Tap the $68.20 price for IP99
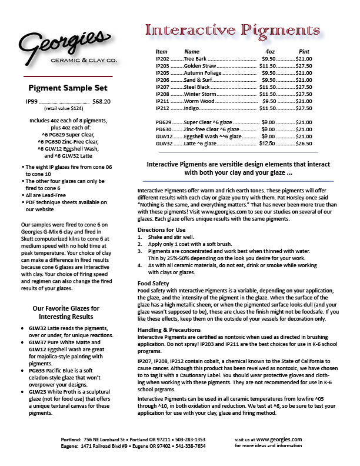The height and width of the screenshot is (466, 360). [x=101, y=101]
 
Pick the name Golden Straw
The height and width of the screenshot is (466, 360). [x=201, y=66]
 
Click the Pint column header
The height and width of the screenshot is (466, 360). [x=304, y=52]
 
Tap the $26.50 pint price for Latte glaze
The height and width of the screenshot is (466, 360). [x=304, y=143]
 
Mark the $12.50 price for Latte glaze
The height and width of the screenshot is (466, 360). [x=267, y=143]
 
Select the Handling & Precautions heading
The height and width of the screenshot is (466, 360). [x=170, y=329]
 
